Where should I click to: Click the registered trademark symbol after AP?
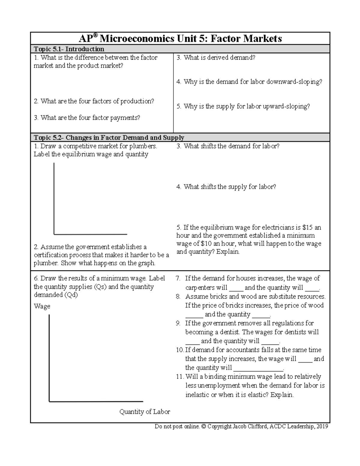click(x=95, y=35)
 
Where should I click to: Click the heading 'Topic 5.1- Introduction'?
click(x=69, y=49)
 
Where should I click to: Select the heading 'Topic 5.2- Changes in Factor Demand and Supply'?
click(x=109, y=138)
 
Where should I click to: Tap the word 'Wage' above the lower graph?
click(x=42, y=306)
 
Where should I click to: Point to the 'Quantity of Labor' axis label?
click(x=145, y=412)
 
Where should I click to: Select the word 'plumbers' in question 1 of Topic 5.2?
click(x=143, y=146)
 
